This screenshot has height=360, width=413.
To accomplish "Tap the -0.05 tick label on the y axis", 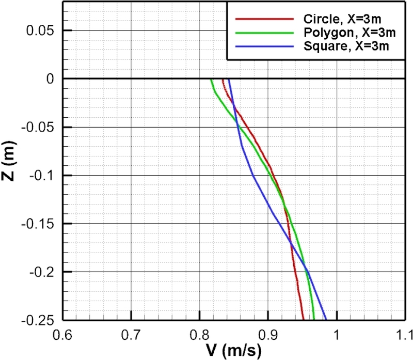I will pos(39,128).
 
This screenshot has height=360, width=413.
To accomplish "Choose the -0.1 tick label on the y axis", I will pos(42,176).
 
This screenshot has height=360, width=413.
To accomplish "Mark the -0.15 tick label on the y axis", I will pos(39,224).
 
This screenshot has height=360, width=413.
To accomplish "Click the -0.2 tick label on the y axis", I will pos(42,272).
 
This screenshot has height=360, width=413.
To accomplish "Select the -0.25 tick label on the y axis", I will pos(39,321).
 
